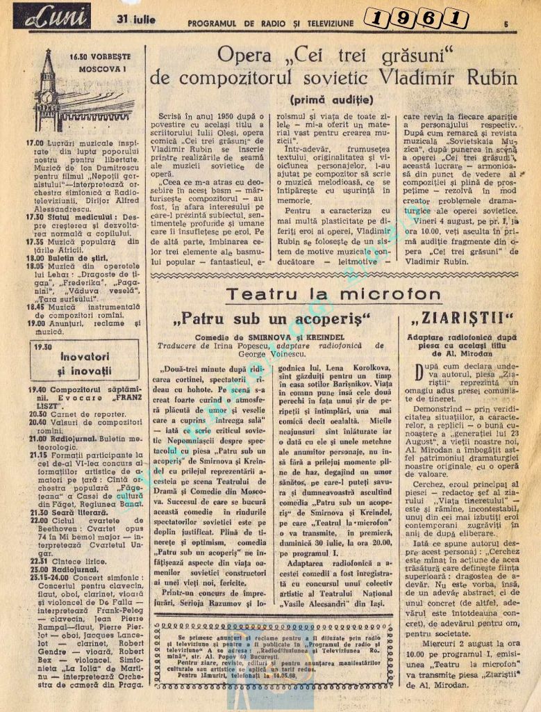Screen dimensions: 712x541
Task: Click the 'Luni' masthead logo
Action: click(51, 16)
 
